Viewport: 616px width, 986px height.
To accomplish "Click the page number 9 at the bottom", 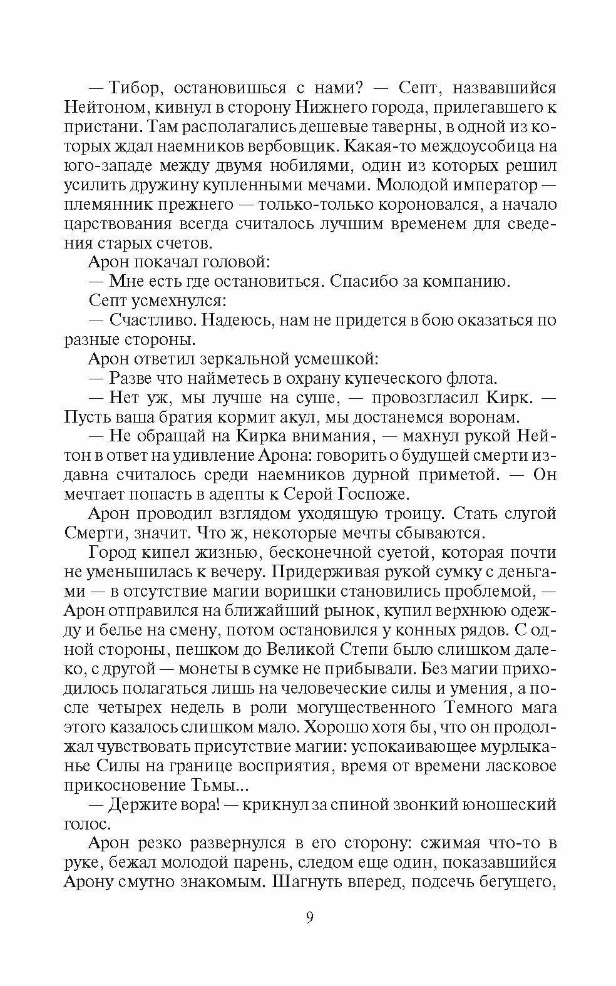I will tap(309, 918).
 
